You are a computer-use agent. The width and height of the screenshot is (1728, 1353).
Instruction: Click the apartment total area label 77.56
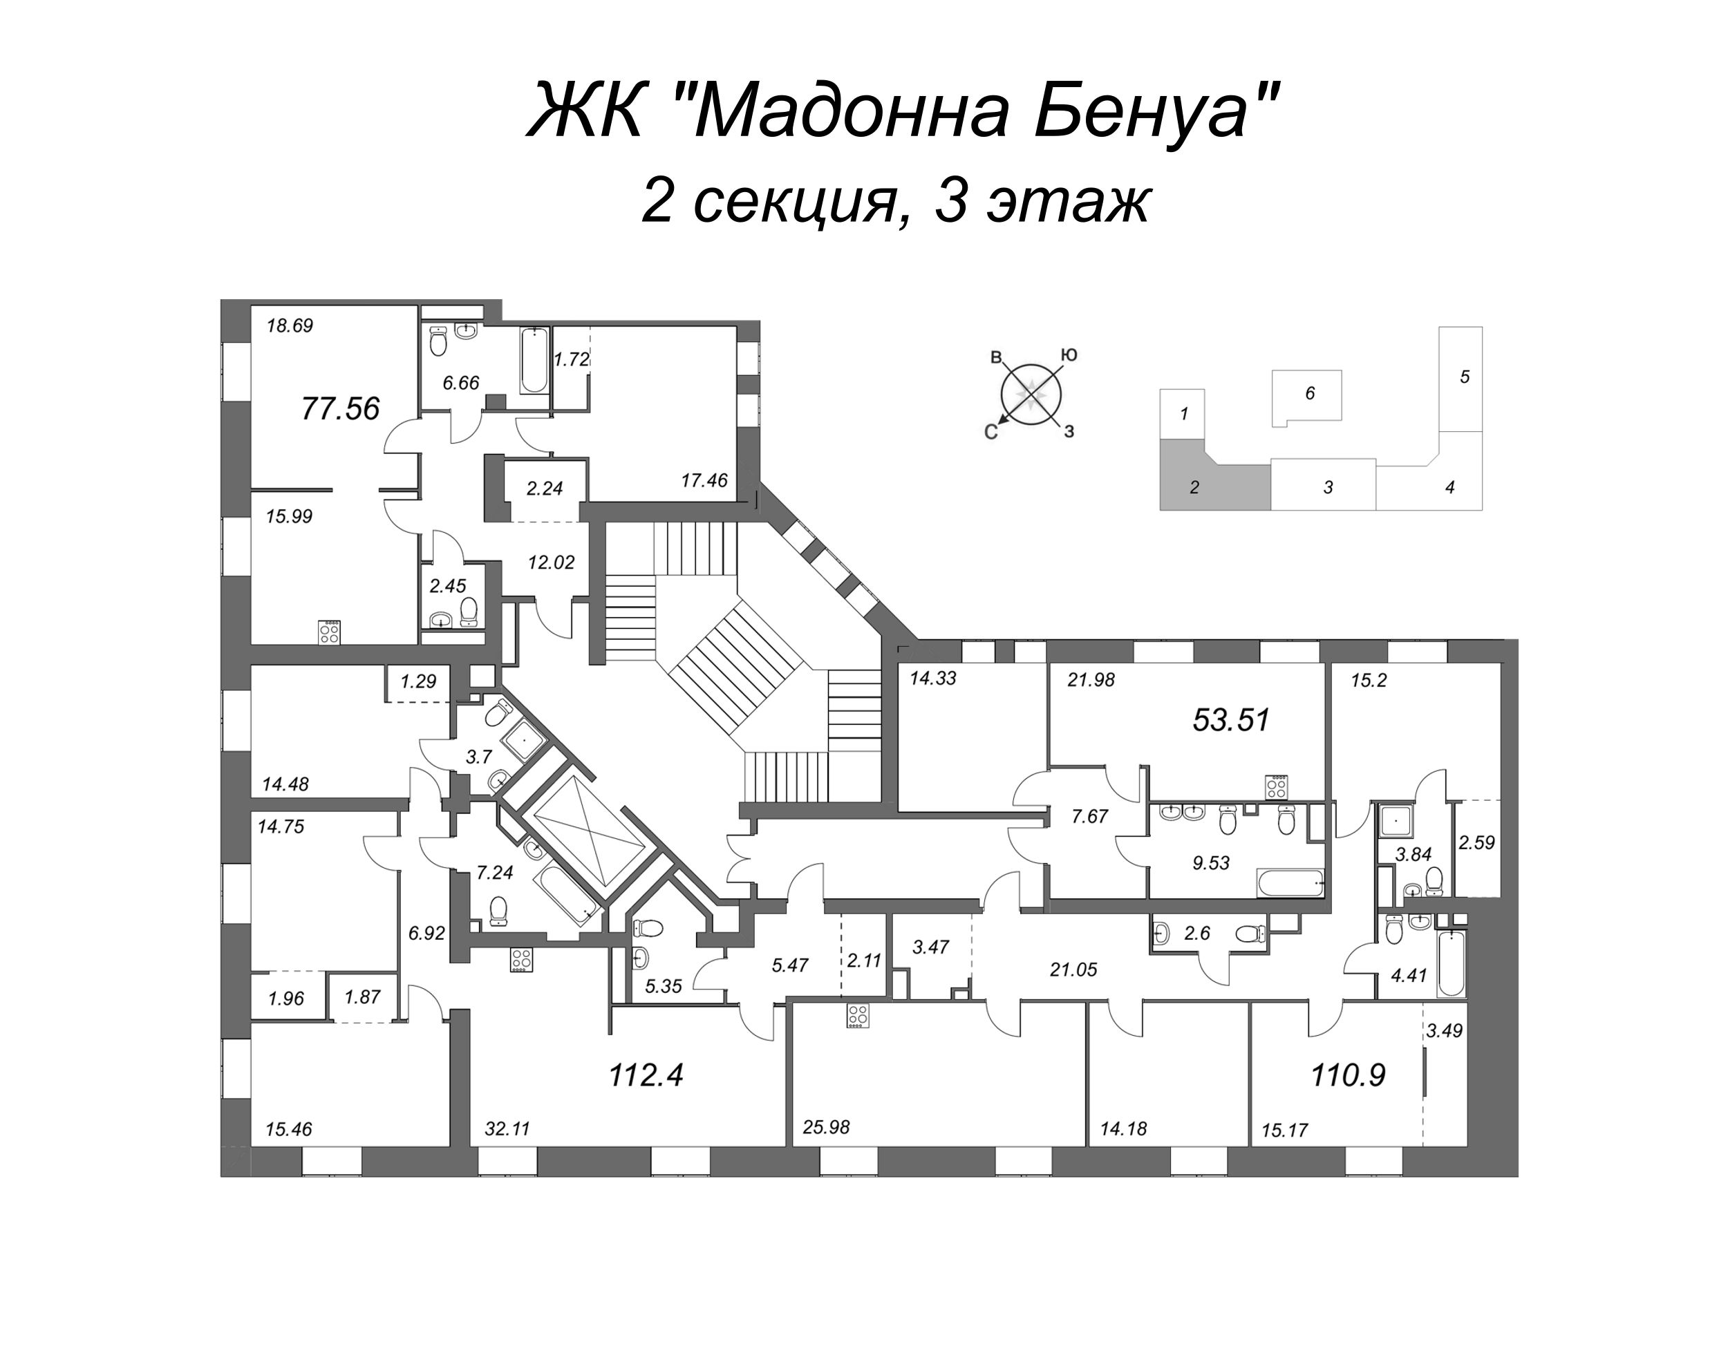pyautogui.click(x=341, y=409)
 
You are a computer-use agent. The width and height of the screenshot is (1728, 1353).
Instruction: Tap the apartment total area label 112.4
pyautogui.click(x=646, y=1076)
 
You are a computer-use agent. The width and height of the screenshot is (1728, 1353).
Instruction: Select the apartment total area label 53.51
pyautogui.click(x=1231, y=720)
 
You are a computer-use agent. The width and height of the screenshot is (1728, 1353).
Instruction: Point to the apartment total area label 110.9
pyautogui.click(x=1348, y=1076)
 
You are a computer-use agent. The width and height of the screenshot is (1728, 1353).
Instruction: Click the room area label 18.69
pyautogui.click(x=290, y=325)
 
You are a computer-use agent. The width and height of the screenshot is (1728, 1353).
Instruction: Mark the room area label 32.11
pyautogui.click(x=507, y=1130)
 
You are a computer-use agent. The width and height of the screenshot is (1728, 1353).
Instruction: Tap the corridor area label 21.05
pyautogui.click(x=1073, y=969)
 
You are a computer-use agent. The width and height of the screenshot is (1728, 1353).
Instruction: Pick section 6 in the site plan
pyautogui.click(x=1310, y=394)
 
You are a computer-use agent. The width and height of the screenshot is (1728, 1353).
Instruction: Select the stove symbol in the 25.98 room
pyautogui.click(x=856, y=1016)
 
